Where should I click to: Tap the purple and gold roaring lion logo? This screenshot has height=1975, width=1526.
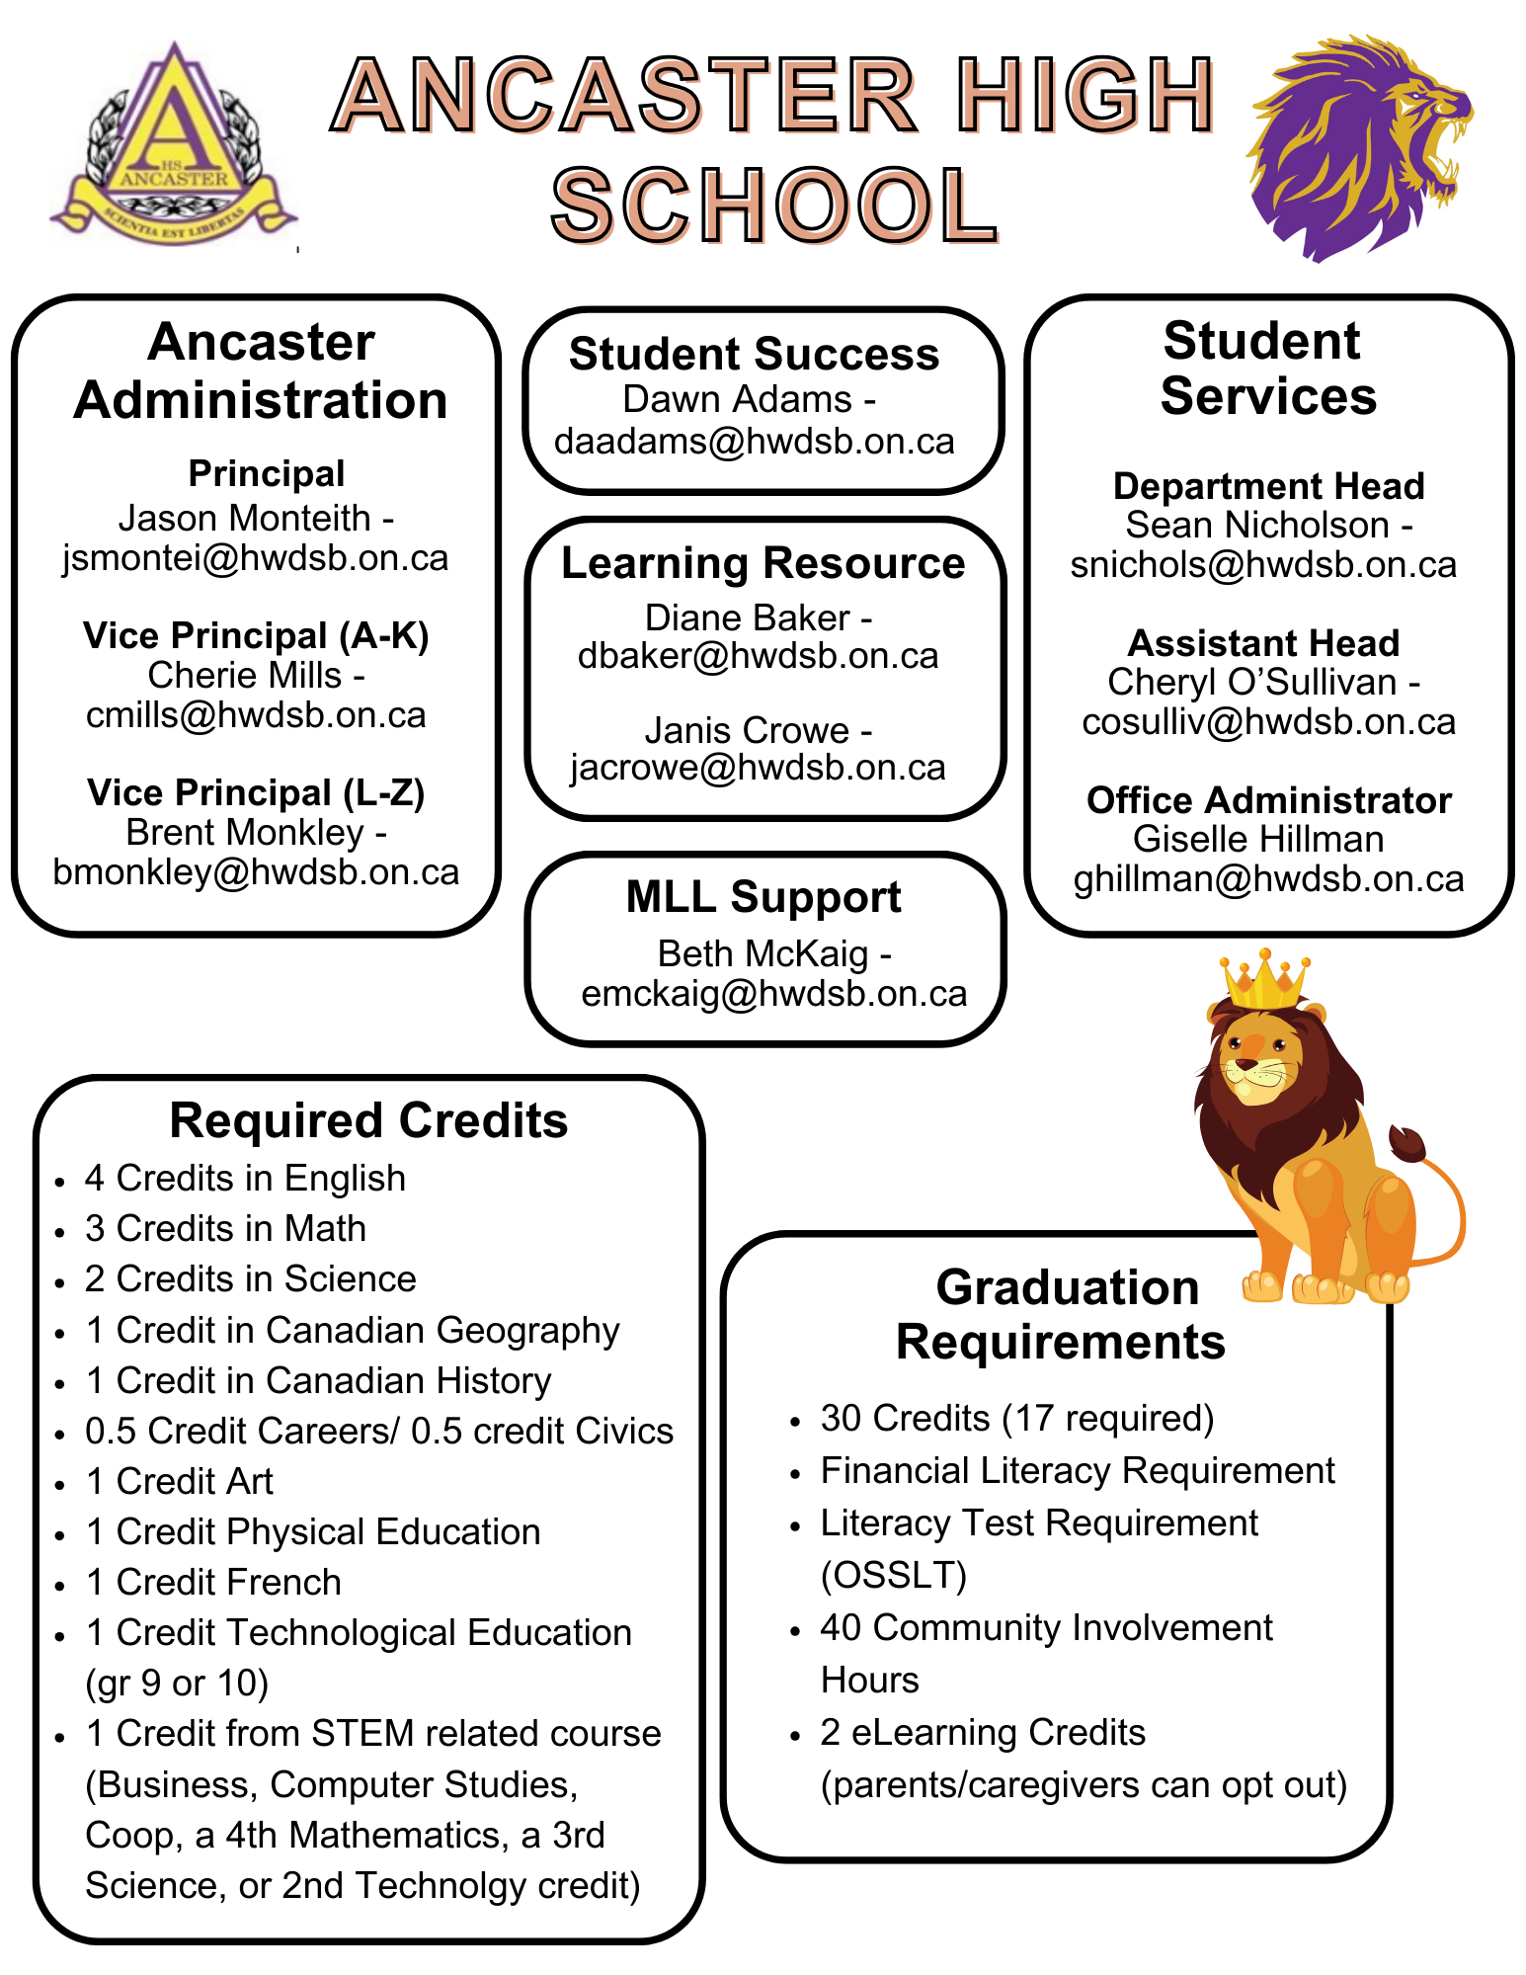pyautogui.click(x=1357, y=148)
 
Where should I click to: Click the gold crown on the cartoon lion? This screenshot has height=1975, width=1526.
pyautogui.click(x=1263, y=981)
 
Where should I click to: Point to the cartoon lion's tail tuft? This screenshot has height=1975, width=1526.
pyautogui.click(x=1406, y=1144)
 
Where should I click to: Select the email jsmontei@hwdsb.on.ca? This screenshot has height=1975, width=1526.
pyautogui.click(x=255, y=558)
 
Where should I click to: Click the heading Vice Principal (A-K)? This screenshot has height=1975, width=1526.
pyautogui.click(x=256, y=636)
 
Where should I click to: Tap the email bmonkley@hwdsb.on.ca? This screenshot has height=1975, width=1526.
pyautogui.click(x=256, y=872)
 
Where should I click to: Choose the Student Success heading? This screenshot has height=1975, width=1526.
pyautogui.click(x=754, y=355)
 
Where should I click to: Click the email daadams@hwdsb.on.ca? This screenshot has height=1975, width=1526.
pyautogui.click(x=755, y=441)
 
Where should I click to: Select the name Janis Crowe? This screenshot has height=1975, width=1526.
pyautogui.click(x=746, y=730)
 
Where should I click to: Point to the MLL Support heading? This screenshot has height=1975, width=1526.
pyautogui.click(x=763, y=897)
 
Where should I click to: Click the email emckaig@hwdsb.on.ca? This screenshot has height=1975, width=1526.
pyautogui.click(x=774, y=994)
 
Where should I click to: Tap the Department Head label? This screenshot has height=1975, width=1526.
pyautogui.click(x=1268, y=486)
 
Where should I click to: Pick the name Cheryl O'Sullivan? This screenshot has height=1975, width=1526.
pyautogui.click(x=1251, y=682)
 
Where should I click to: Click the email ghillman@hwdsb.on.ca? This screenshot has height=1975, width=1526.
pyautogui.click(x=1268, y=878)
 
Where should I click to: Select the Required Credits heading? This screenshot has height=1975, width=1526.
pyautogui.click(x=368, y=1121)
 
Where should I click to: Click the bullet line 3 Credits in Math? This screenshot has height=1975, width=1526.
pyautogui.click(x=225, y=1228)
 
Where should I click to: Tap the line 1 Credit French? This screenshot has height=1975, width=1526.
pyautogui.click(x=213, y=1582)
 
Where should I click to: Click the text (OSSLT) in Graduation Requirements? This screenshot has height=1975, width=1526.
pyautogui.click(x=893, y=1575)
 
